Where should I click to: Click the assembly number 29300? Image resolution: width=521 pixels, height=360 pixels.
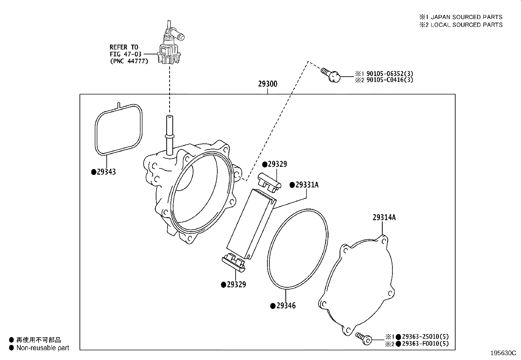267,84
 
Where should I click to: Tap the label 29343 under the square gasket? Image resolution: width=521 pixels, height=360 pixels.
106,172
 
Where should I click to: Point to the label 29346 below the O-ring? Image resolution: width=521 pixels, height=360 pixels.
286,306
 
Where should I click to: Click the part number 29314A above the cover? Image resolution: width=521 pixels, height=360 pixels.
384,218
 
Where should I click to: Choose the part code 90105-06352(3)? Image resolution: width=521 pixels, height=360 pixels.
390,74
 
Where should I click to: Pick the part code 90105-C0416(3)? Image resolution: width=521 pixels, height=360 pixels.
390,80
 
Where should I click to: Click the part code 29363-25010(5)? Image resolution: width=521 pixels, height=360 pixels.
425,336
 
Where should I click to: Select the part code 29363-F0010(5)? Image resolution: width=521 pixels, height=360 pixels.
425,344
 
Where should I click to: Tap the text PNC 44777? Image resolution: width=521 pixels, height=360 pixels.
129,61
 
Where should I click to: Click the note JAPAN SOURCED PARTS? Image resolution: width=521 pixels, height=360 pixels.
467,17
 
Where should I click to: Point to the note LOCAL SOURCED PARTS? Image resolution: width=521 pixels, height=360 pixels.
467,25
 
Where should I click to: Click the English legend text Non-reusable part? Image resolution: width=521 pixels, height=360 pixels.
43,348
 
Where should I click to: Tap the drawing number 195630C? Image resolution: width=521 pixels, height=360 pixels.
503,353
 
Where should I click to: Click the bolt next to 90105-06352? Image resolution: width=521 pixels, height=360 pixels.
331,75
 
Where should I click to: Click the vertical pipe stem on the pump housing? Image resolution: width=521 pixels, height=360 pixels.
169,135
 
